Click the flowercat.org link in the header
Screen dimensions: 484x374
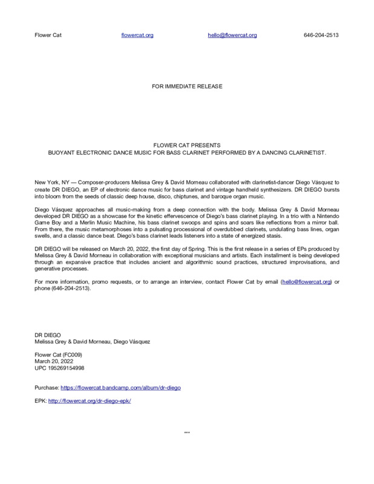(137, 35)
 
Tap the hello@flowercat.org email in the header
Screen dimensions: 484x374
(232, 35)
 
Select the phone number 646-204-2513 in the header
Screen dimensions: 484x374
(321, 35)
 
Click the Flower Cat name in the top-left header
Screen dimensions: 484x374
(48, 35)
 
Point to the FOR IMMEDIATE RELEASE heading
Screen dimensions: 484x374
(187, 87)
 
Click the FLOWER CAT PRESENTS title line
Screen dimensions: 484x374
(187, 146)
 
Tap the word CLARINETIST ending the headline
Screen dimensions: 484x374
(303, 153)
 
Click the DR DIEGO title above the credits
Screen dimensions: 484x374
(48, 335)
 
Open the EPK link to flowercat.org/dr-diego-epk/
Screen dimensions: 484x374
(90, 401)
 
